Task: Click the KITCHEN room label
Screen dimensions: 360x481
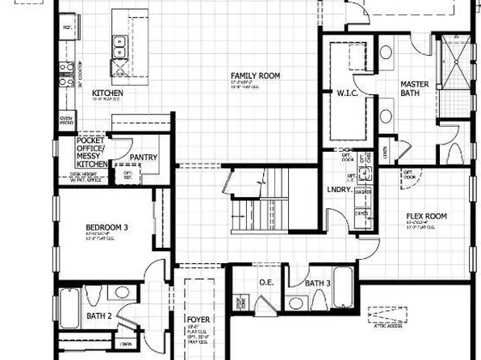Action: (x=107, y=93)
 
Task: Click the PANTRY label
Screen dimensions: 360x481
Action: (x=142, y=157)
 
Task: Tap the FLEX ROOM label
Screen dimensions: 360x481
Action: (x=425, y=217)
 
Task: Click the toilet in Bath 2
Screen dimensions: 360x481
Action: (x=93, y=295)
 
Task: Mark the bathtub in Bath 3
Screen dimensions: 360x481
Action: (x=341, y=289)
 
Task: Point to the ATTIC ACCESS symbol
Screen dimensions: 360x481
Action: (x=387, y=315)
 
